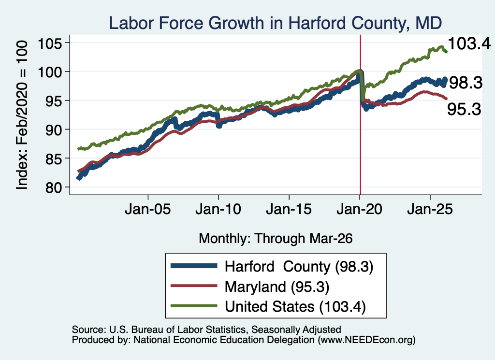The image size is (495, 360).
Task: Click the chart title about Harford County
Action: tap(275, 23)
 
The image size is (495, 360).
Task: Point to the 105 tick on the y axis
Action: tap(50, 43)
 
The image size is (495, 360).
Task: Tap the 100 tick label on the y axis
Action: tap(50, 72)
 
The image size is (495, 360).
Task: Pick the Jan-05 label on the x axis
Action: tap(148, 209)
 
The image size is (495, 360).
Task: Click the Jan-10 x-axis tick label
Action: tap(218, 209)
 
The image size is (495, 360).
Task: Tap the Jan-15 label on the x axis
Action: tap(289, 209)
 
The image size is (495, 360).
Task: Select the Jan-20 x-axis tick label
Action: tap(360, 209)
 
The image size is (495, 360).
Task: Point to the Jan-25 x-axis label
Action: tap(430, 209)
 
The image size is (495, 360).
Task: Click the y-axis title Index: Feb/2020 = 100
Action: tap(22, 115)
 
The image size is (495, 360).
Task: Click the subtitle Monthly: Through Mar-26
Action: tap(276, 238)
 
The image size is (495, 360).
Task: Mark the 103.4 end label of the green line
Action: tap(469, 43)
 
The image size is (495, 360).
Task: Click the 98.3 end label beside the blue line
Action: tap(466, 83)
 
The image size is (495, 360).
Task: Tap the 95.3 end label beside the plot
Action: tap(464, 109)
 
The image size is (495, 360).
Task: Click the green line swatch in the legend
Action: tap(194, 306)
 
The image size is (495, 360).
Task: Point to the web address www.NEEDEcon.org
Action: tap(366, 340)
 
